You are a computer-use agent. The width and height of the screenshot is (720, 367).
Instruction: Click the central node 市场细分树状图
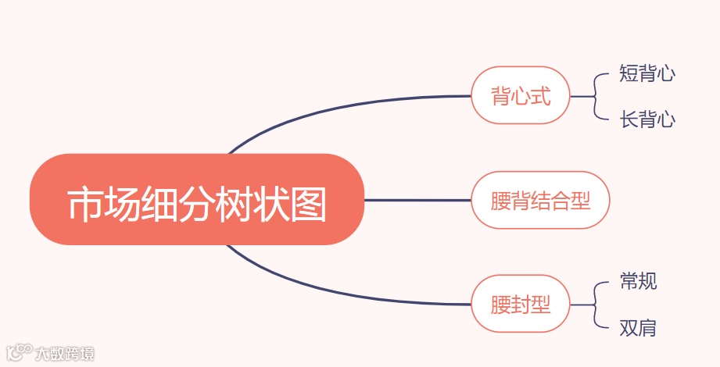(x=197, y=200)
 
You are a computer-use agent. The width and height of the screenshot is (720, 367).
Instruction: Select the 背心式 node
(x=521, y=96)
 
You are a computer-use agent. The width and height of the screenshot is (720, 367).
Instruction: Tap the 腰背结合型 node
(x=540, y=201)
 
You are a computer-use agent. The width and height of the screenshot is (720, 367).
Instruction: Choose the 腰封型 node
(x=521, y=304)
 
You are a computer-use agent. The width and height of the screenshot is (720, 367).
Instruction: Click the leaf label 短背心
(x=647, y=74)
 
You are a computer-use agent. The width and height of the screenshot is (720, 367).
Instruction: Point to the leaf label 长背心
(x=647, y=119)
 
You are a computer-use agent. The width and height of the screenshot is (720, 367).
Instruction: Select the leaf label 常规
(x=638, y=281)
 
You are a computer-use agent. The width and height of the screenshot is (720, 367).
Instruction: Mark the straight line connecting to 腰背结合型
(x=417, y=201)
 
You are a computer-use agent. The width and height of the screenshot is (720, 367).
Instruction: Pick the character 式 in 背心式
(x=541, y=96)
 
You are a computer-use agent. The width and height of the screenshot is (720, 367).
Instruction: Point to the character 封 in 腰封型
(x=521, y=304)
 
